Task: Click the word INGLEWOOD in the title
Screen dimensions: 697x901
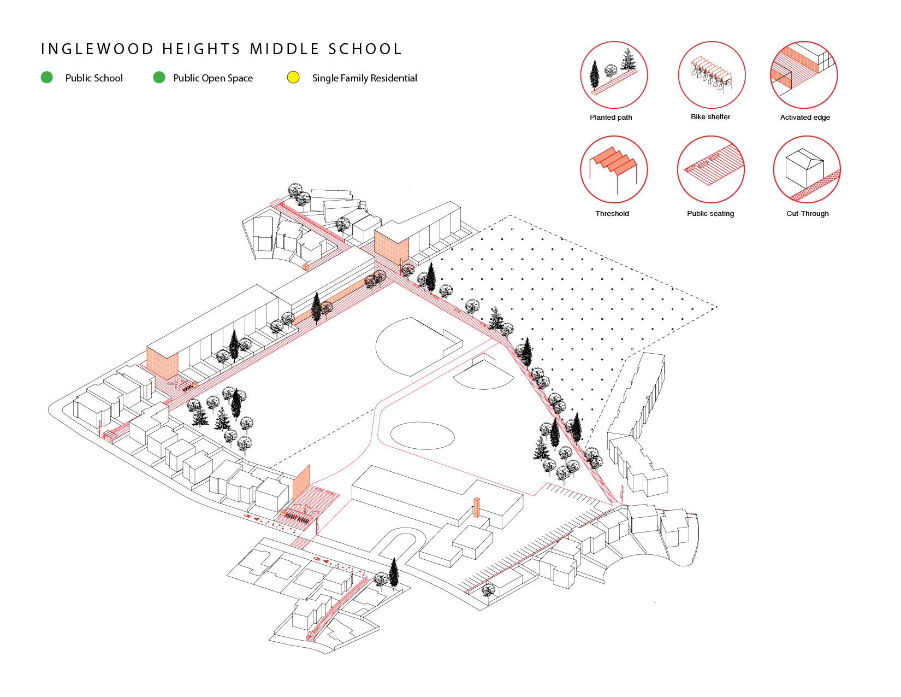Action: click(98, 49)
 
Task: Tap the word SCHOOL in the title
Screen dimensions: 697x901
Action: click(365, 49)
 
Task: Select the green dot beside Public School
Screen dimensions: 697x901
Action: click(47, 78)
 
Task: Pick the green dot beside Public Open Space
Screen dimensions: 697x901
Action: click(159, 78)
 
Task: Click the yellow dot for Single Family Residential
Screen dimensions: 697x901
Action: click(293, 78)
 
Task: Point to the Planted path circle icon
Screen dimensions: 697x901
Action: click(614, 75)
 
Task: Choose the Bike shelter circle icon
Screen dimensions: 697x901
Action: click(712, 75)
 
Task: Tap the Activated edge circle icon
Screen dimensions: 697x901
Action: click(804, 75)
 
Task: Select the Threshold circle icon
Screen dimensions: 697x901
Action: click(614, 169)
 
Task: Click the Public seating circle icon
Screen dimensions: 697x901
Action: click(711, 169)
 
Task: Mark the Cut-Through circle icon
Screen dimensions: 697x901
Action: click(807, 169)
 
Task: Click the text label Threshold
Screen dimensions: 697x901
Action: click(612, 214)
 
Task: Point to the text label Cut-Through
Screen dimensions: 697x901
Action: click(807, 214)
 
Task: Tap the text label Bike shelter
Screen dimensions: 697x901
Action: click(710, 117)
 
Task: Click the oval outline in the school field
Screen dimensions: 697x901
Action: click(422, 436)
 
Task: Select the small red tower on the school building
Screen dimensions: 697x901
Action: click(476, 507)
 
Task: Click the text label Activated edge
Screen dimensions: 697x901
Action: click(805, 118)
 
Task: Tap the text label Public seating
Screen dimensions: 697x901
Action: click(710, 214)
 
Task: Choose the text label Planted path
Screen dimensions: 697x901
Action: click(610, 118)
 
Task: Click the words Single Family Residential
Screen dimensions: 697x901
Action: click(364, 78)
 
